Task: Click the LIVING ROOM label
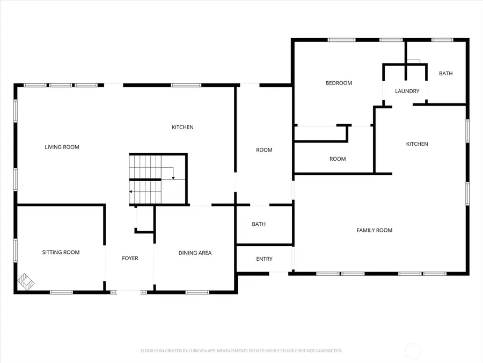click(62, 147)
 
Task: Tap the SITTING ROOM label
click(61, 252)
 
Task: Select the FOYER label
click(130, 259)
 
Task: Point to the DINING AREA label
click(195, 253)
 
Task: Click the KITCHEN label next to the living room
click(182, 127)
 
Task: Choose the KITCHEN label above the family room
click(417, 144)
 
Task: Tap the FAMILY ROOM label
click(375, 230)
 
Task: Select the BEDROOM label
click(339, 83)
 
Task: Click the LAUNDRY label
click(407, 91)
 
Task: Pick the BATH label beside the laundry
click(445, 74)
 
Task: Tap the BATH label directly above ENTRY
click(259, 224)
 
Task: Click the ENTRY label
click(264, 259)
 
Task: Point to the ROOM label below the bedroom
click(338, 159)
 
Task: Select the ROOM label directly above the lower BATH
click(264, 150)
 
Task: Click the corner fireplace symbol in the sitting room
click(26, 281)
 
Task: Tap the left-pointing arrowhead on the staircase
click(131, 191)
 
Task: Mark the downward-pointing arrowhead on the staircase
click(173, 177)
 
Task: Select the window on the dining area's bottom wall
click(197, 292)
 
